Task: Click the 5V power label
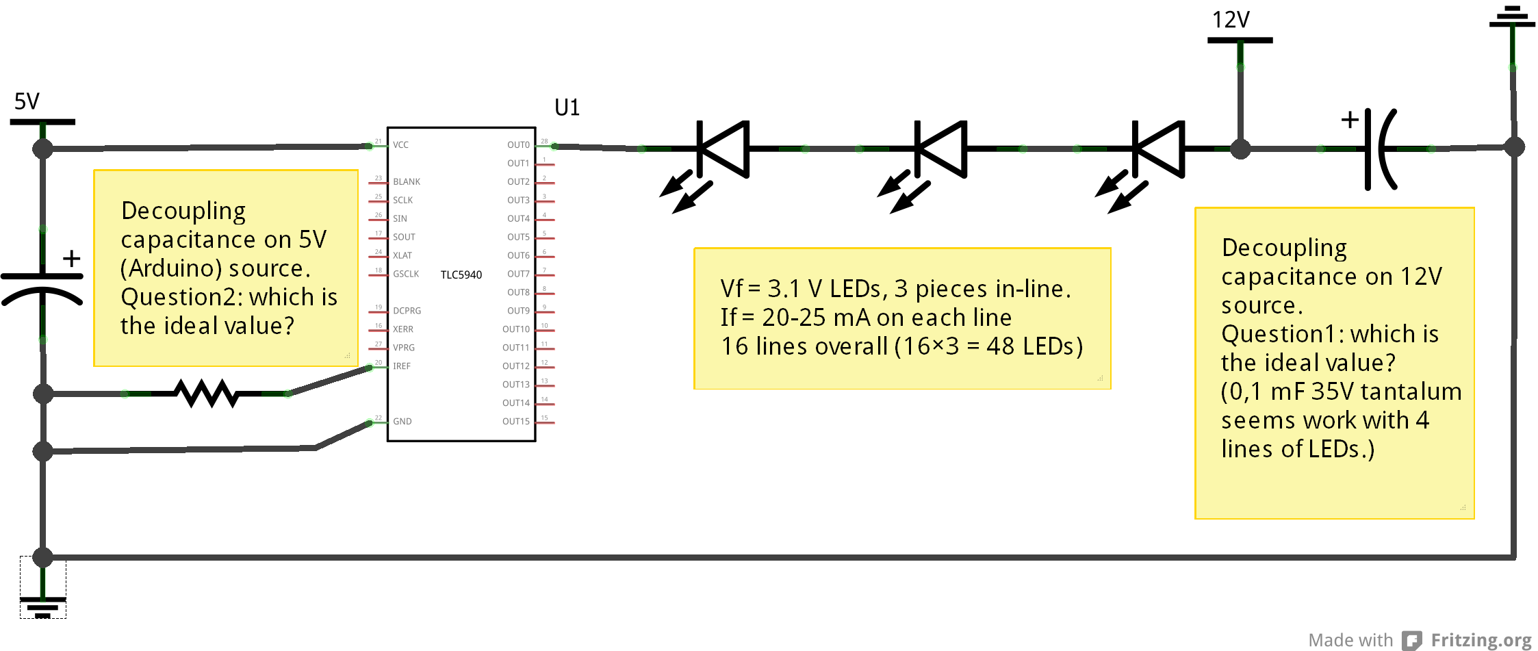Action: tap(27, 101)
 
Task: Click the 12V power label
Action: tap(1231, 20)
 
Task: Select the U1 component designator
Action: tap(567, 107)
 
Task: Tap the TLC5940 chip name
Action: tap(461, 275)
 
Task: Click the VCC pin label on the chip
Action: tap(400, 145)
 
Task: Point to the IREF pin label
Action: tap(402, 366)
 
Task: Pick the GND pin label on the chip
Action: tap(402, 422)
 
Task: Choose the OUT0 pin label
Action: tap(518, 145)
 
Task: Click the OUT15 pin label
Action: tap(516, 422)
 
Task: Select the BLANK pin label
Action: tap(407, 182)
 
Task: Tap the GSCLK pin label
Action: tap(406, 274)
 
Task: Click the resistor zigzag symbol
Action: tap(207, 394)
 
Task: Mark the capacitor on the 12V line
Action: tap(1376, 149)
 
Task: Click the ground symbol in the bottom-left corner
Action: tap(42, 606)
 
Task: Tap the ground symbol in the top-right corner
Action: tap(1512, 17)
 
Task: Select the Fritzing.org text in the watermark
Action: tap(1481, 640)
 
